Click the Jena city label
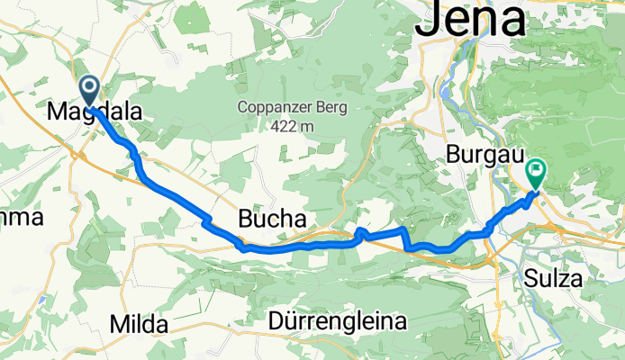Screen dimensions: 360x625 tap(471, 20)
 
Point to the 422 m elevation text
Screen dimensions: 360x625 tap(290, 127)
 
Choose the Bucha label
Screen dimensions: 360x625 tap(271, 219)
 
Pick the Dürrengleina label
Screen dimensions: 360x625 tap(337, 320)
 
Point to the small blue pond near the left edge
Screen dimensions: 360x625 tap(42, 300)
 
